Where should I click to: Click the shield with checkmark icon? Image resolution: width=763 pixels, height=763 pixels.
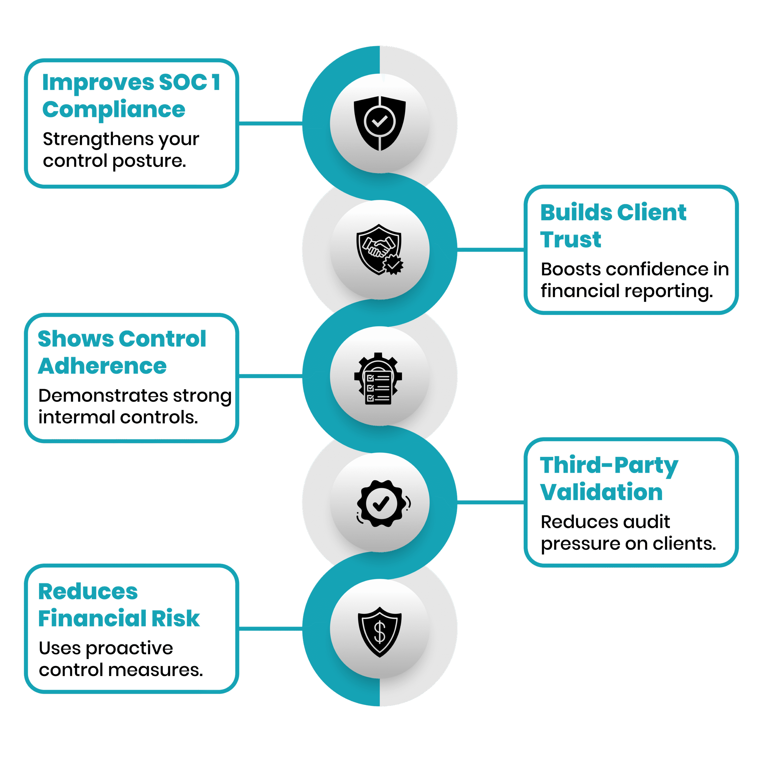379,123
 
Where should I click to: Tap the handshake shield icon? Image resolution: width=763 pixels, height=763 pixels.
379,249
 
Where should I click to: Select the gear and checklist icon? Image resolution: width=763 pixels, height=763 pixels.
378,378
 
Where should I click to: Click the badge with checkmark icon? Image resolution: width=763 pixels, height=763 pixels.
383,503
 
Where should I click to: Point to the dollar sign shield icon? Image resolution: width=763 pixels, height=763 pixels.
379,632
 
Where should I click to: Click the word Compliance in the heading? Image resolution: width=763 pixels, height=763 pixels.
114,110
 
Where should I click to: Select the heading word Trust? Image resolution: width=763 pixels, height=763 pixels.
571,239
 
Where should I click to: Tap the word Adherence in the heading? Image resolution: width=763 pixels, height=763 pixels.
102,366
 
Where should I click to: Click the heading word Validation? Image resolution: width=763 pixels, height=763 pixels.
601,492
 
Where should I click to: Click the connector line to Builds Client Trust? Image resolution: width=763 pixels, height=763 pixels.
491,249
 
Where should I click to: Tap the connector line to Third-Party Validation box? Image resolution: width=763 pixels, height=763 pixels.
491,502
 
